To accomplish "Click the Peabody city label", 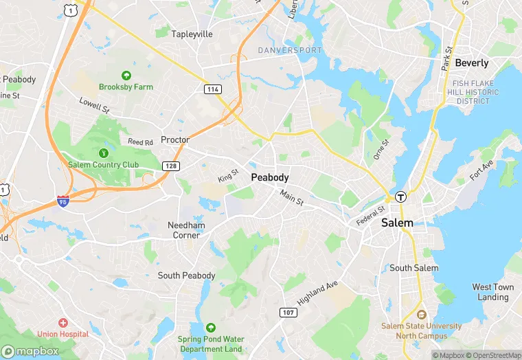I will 270,177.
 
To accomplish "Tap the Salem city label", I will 397,223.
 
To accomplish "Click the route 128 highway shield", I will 171,166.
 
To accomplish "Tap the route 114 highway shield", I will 212,89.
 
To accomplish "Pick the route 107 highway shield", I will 288,313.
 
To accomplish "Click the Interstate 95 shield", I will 63,201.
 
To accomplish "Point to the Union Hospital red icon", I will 63,322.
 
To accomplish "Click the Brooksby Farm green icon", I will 126,76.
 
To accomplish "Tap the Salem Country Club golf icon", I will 103,153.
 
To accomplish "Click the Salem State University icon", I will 422,314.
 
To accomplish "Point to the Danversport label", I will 289,51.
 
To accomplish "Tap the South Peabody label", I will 186,275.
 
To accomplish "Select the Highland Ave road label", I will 318,293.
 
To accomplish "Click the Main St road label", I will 291,196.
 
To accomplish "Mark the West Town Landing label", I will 492,292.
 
